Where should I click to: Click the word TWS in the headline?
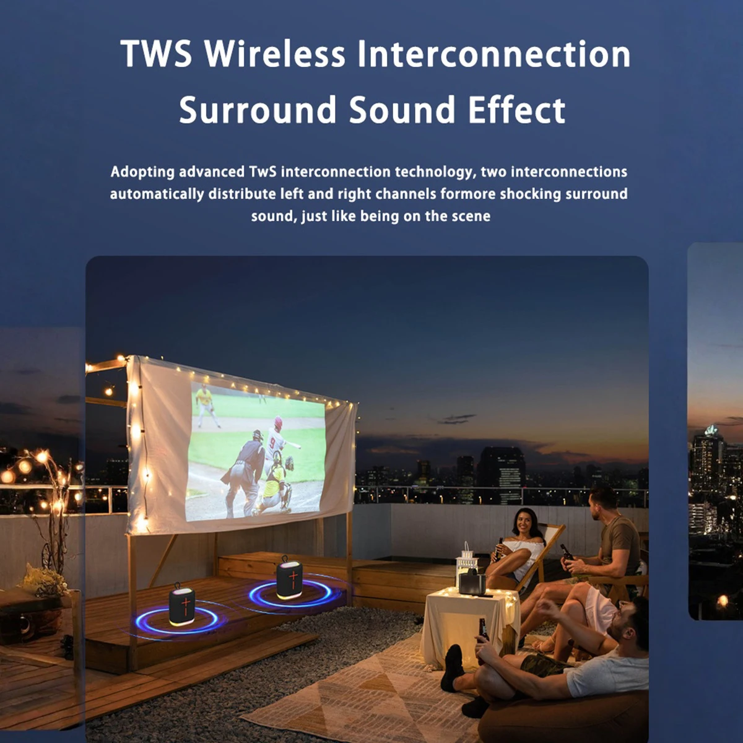coord(156,54)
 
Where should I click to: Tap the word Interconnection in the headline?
coord(494,54)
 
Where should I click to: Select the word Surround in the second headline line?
coord(257,110)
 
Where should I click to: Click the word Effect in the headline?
coord(516,110)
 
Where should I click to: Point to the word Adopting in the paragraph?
coord(142,172)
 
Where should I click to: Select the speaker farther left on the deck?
coord(181,604)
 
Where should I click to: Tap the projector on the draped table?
coord(472,584)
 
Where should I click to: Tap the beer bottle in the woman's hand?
coord(499,549)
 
